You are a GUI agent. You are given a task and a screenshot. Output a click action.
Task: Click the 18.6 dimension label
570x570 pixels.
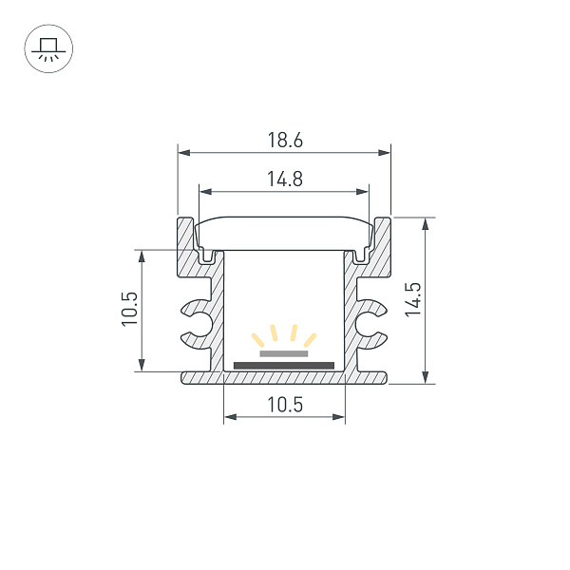click(284, 140)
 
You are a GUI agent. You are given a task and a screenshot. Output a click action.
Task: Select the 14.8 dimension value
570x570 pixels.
click(284, 179)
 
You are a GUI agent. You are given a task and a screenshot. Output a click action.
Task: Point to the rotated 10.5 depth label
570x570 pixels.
click(130, 310)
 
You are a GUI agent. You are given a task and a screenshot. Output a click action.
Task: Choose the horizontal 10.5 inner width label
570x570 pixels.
click(284, 405)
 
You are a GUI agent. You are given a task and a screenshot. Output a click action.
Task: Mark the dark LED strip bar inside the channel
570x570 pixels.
click(284, 364)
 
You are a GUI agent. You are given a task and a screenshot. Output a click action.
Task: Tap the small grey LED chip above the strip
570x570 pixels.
click(284, 352)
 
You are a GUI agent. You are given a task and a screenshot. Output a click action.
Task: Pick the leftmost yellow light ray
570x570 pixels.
click(257, 339)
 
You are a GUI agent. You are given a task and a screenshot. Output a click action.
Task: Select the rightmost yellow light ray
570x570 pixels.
click(311, 339)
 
